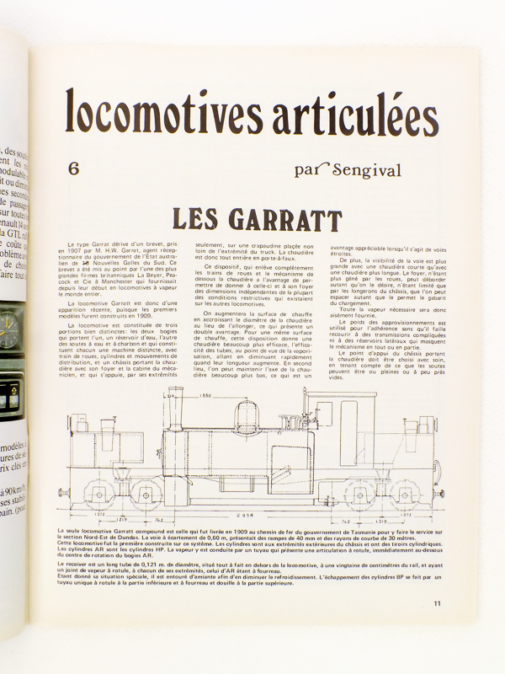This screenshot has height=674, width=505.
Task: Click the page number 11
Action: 437,602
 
